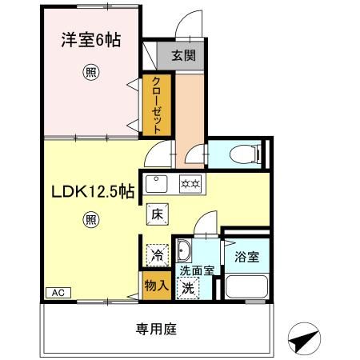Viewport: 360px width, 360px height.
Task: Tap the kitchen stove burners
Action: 190,182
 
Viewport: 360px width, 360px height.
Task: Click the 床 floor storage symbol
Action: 157,214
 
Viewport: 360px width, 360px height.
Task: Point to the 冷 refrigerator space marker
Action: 158,258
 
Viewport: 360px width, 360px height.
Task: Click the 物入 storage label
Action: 156,286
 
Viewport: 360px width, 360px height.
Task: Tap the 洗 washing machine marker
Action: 187,287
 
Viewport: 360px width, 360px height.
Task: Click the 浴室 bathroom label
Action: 246,258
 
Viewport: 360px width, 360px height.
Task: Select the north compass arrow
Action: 302,340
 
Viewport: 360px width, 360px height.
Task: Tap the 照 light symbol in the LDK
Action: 90,220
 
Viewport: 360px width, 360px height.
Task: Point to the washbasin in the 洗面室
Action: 183,250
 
